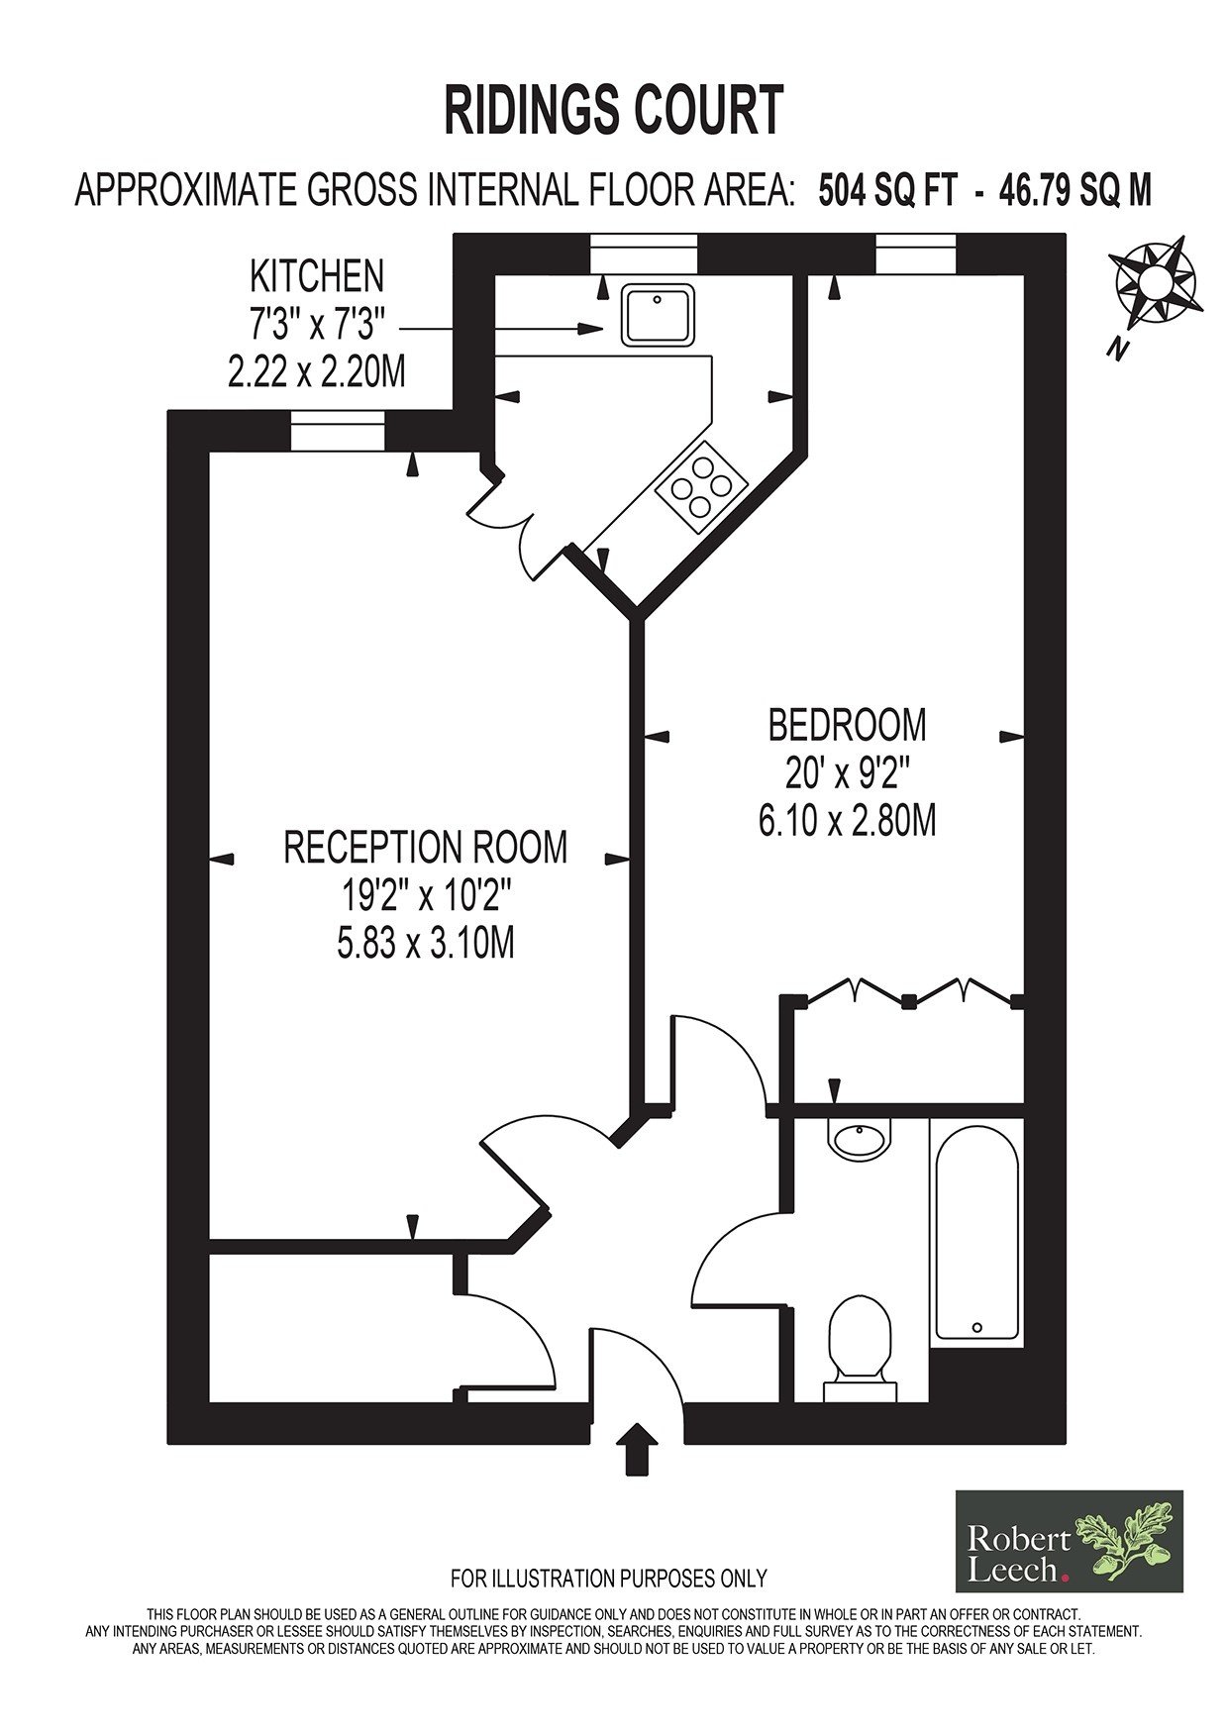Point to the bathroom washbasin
(x=860, y=1139)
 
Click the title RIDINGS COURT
(x=614, y=110)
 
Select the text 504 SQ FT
(x=887, y=189)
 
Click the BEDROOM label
(x=848, y=725)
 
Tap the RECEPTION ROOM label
(x=426, y=848)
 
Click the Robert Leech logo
(x=1069, y=1541)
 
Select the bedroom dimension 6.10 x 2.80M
(x=848, y=821)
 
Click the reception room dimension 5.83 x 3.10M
(x=426, y=943)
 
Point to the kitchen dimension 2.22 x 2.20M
(x=317, y=371)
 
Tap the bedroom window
(x=916, y=253)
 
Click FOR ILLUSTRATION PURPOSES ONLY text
(x=609, y=1578)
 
